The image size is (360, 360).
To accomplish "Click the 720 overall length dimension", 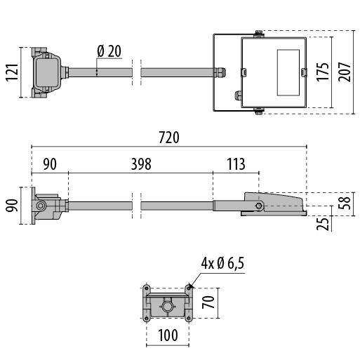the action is click(169, 138).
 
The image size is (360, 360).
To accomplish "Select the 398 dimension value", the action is click(141, 164).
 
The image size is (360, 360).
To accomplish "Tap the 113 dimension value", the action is click(236, 164).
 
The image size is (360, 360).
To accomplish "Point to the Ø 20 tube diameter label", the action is click(109, 51).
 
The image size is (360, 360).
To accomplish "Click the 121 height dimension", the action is click(12, 72).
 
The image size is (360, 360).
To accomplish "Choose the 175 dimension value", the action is click(322, 72).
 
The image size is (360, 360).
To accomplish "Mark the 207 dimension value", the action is click(345, 72).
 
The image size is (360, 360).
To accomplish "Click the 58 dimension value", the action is click(345, 203).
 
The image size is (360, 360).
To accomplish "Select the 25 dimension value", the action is click(323, 224).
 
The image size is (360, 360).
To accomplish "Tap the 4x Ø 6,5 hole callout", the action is click(222, 263).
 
